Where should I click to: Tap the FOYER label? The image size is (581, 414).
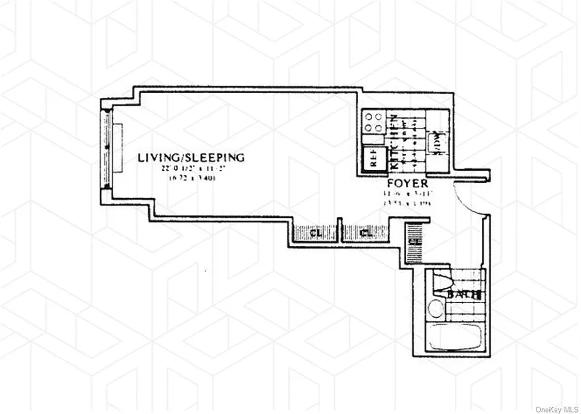[x=408, y=184]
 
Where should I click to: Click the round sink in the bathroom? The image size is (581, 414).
[x=436, y=309]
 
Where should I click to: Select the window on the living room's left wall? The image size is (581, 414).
[x=107, y=150]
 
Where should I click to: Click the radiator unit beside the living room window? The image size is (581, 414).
[x=118, y=149]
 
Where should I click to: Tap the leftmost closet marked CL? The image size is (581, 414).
[x=315, y=234]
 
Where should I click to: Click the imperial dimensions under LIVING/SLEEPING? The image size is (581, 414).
[x=191, y=169]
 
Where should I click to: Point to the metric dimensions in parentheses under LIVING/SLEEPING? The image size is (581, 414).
[x=192, y=179]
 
